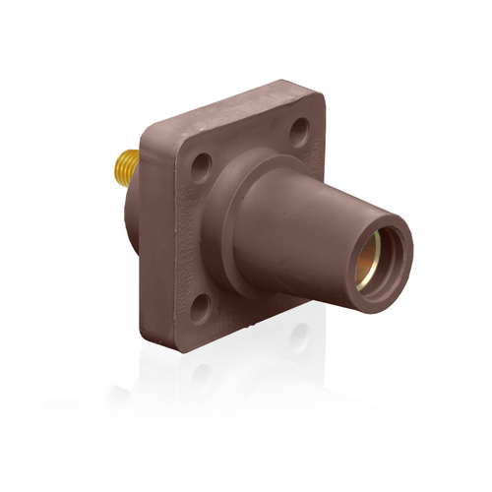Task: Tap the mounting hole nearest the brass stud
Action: [x=203, y=160]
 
